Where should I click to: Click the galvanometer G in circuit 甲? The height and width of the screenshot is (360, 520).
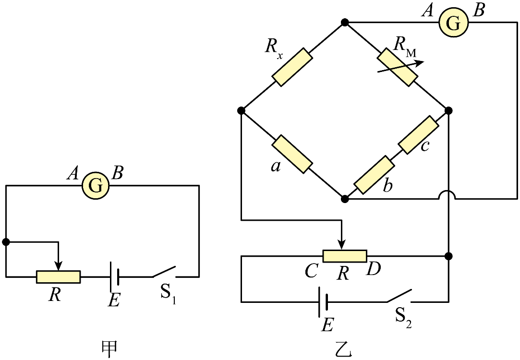pyautogui.click(x=96, y=186)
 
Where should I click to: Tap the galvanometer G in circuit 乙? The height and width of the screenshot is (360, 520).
pyautogui.click(x=453, y=23)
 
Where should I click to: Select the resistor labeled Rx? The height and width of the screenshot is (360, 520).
pyautogui.click(x=292, y=67)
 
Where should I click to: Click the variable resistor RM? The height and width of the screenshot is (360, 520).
pyautogui.click(x=397, y=67)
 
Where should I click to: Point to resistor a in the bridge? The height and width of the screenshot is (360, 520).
pyautogui.click(x=292, y=154)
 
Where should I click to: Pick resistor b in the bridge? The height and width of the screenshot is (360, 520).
pyautogui.click(x=374, y=174)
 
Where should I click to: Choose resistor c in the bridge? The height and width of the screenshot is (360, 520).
pyautogui.click(x=419, y=134)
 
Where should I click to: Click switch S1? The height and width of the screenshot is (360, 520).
pyautogui.click(x=164, y=272)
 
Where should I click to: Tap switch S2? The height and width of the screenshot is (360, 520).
pyautogui.click(x=399, y=297)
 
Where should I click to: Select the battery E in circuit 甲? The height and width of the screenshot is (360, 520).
pyautogui.click(x=114, y=276)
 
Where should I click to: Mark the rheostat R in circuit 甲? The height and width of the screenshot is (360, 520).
pyautogui.click(x=59, y=276)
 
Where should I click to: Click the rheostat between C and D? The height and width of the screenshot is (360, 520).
pyautogui.click(x=345, y=256)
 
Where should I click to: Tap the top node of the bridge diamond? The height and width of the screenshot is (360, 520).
pyautogui.click(x=345, y=23)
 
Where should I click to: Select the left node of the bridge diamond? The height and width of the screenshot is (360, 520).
pyautogui.click(x=242, y=110)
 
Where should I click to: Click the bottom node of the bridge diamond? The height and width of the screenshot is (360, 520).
pyautogui.click(x=345, y=199)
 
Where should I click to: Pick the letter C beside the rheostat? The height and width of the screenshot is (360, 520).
pyautogui.click(x=312, y=271)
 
